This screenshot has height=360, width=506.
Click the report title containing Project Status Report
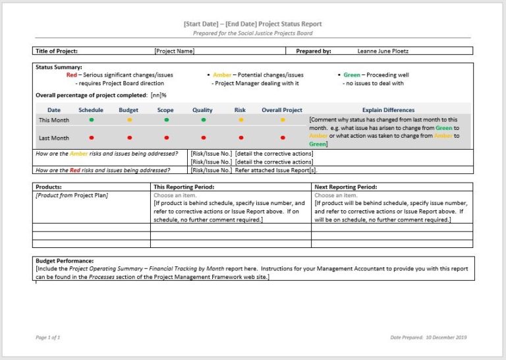click(x=253, y=24)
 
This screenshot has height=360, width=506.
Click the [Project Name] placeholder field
click(x=174, y=51)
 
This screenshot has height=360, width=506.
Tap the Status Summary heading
click(x=59, y=67)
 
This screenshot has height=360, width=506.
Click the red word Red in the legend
click(x=72, y=75)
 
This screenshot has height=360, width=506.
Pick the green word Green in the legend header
click(x=352, y=75)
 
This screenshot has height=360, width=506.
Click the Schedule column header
click(x=91, y=110)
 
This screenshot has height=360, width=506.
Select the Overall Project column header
click(x=282, y=110)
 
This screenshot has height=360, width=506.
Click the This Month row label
click(x=54, y=120)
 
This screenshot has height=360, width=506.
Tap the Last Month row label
click(x=54, y=138)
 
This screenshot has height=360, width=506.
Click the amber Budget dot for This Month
click(x=129, y=120)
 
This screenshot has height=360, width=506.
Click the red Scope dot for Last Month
click(x=166, y=138)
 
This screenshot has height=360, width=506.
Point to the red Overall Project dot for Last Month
click(x=283, y=138)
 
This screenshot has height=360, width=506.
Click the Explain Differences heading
click(x=389, y=110)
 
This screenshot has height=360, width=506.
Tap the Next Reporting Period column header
click(x=346, y=187)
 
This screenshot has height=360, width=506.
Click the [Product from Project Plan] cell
click(x=72, y=195)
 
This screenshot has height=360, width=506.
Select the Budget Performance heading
click(x=65, y=261)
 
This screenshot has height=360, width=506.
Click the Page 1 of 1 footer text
click(x=48, y=337)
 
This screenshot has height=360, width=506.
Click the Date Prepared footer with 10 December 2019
click(x=428, y=337)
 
